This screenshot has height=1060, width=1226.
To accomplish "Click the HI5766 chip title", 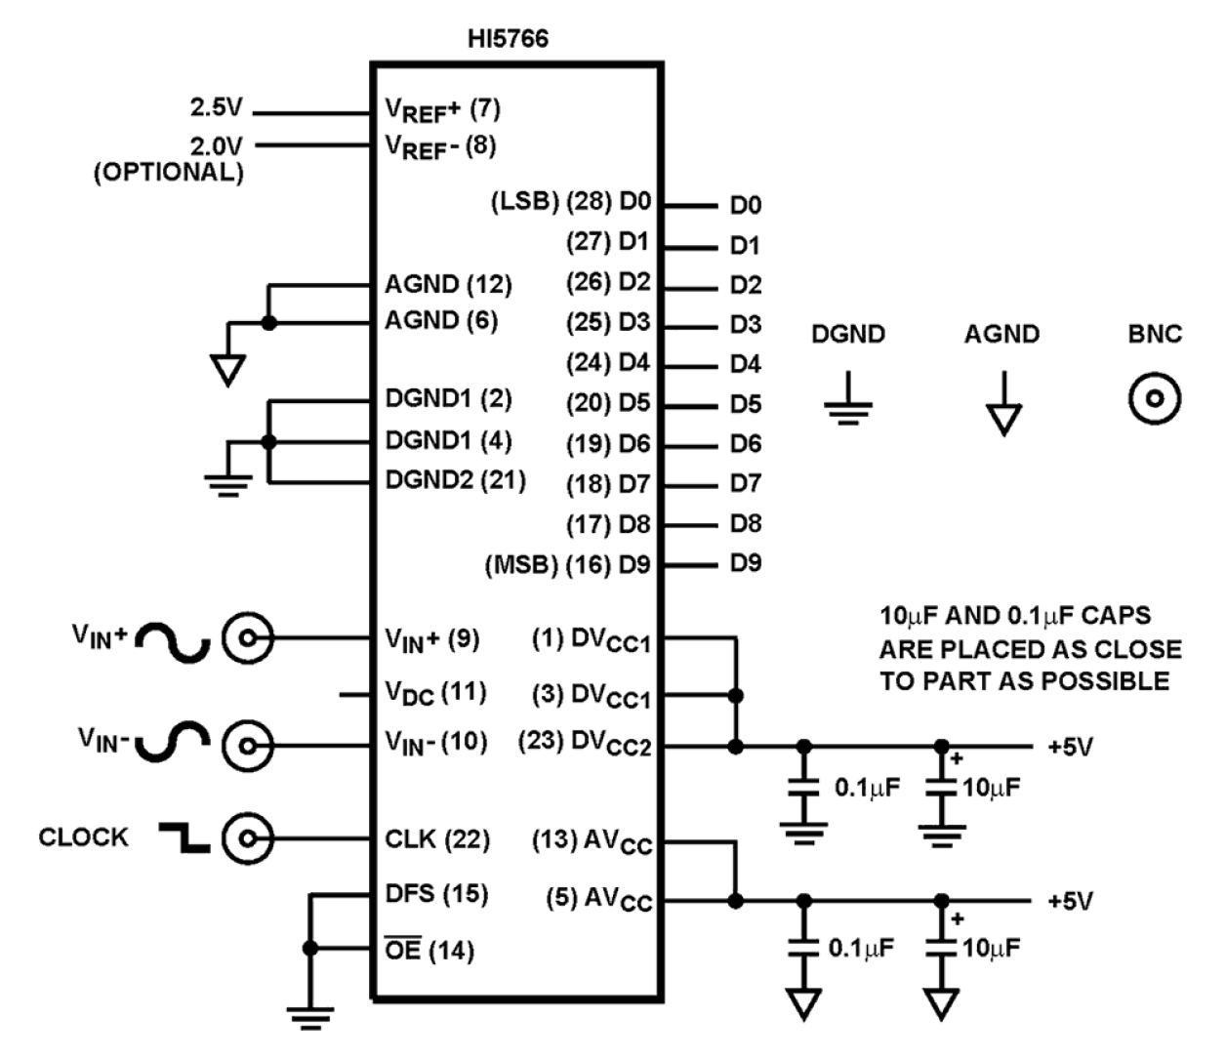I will (509, 39).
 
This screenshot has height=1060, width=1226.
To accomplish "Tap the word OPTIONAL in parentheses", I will (168, 173).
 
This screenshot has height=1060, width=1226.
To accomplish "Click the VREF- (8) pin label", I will (440, 146).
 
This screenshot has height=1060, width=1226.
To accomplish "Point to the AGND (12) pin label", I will (448, 285).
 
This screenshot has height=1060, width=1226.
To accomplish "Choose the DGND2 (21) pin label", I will (455, 480).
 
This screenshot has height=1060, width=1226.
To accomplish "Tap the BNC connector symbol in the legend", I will (1155, 398).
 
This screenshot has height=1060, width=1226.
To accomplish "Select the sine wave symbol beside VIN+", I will (173, 642).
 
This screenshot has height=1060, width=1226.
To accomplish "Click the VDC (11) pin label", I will (435, 693).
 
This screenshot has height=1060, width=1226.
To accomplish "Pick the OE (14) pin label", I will (429, 950).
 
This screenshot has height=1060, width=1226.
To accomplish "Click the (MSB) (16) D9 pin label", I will (568, 564).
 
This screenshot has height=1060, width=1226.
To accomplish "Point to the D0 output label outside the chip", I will (745, 205).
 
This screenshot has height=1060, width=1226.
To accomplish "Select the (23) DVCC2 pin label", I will (584, 743).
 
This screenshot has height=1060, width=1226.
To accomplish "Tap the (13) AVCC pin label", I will (592, 841).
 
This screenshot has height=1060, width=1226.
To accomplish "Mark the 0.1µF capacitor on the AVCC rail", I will (803, 948).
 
